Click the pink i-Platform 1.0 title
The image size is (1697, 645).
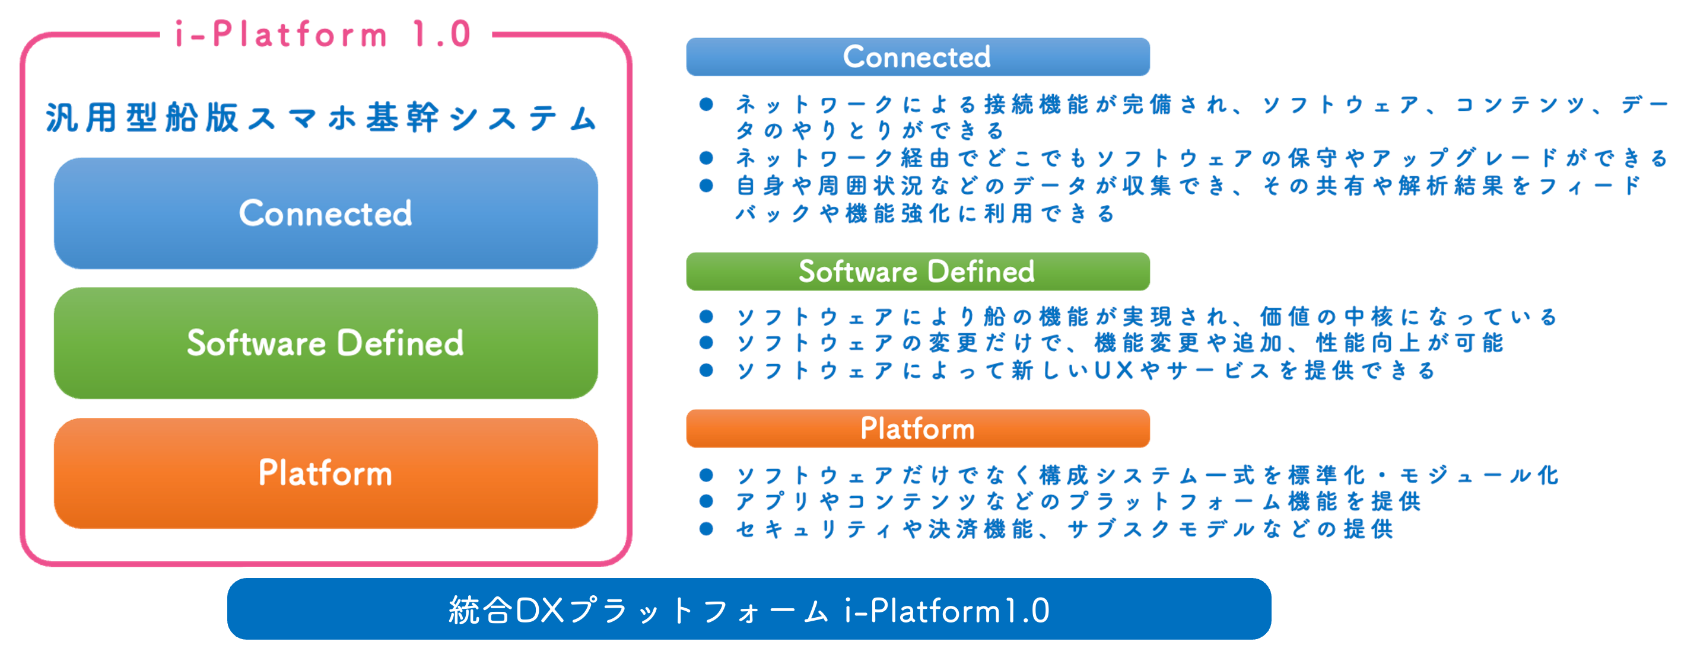click(x=323, y=34)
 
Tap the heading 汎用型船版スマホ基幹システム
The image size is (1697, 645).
click(x=322, y=118)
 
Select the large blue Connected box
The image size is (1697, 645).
click(x=325, y=213)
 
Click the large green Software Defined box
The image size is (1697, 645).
click(x=325, y=343)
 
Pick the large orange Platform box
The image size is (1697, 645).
click(x=325, y=473)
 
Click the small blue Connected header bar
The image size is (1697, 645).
click(x=918, y=56)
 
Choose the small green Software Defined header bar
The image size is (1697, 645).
click(x=918, y=271)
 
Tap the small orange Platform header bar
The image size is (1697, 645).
click(x=918, y=429)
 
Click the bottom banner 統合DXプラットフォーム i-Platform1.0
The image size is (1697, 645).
click(x=749, y=609)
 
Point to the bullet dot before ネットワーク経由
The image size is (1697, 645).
click(x=706, y=158)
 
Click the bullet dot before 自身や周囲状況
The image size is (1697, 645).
click(x=706, y=186)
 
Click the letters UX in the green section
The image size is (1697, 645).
click(x=1114, y=371)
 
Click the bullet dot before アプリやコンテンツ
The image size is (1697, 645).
click(x=706, y=502)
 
